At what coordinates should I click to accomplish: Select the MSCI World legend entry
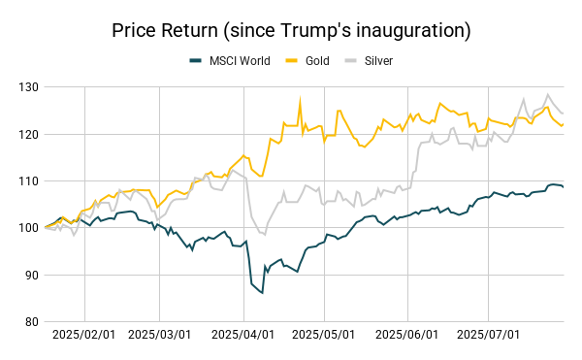click(x=229, y=61)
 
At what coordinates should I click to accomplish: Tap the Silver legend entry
click(x=377, y=61)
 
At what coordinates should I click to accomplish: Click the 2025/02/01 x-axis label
click(x=84, y=336)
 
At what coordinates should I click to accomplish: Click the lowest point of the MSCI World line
click(x=262, y=293)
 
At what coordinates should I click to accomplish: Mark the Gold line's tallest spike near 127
click(x=300, y=100)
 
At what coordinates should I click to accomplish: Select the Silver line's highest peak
click(x=548, y=95)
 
